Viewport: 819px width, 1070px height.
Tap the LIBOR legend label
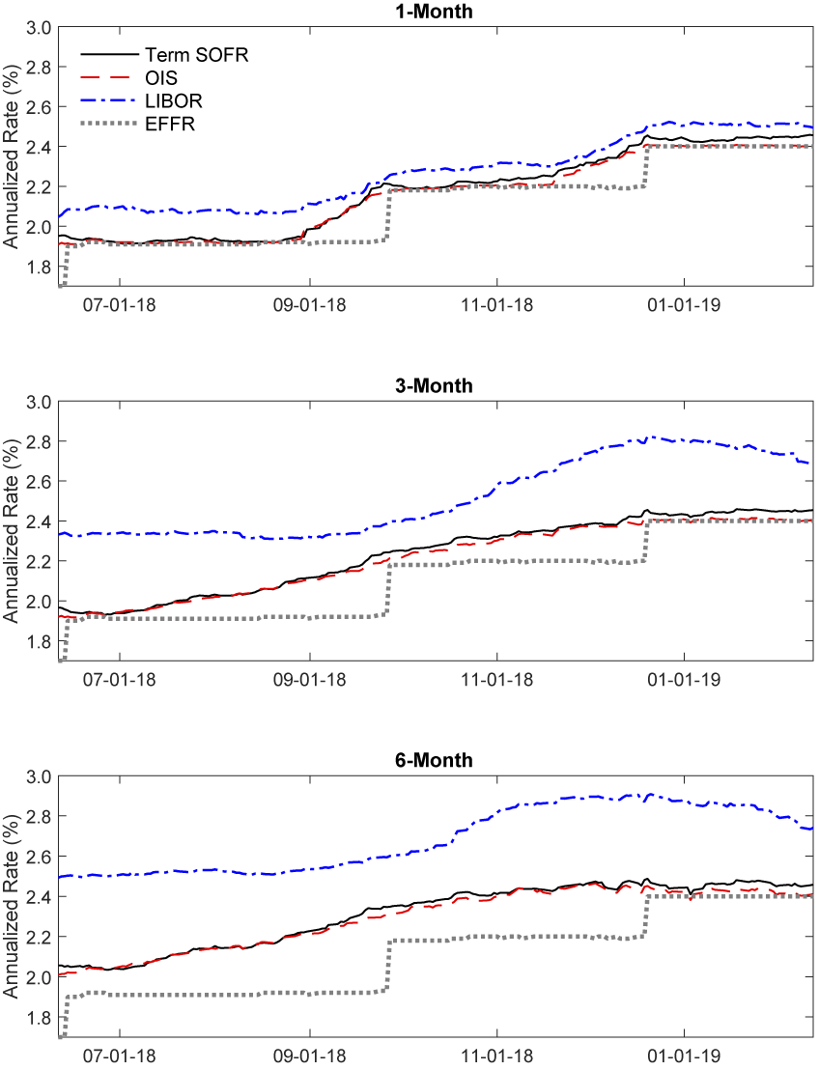[168, 100]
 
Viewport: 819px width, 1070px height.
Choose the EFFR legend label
[166, 123]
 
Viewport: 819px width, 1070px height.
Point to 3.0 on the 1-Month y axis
[38, 27]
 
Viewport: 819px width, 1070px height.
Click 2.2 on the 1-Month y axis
[38, 186]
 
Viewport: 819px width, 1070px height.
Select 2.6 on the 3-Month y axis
[38, 481]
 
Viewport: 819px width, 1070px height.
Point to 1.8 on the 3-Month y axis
[38, 641]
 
